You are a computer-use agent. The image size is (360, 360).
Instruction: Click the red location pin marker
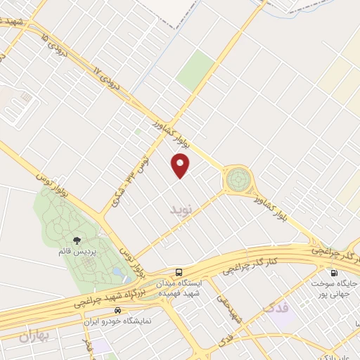181,165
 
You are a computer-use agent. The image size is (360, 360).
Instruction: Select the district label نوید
180,210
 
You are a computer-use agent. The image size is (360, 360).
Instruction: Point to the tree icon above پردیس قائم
77,241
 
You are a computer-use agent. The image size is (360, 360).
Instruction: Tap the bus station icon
179,271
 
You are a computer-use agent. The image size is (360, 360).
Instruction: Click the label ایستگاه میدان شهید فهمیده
180,287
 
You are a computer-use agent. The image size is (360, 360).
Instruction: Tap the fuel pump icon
333,272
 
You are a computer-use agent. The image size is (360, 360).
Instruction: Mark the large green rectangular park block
195,70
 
